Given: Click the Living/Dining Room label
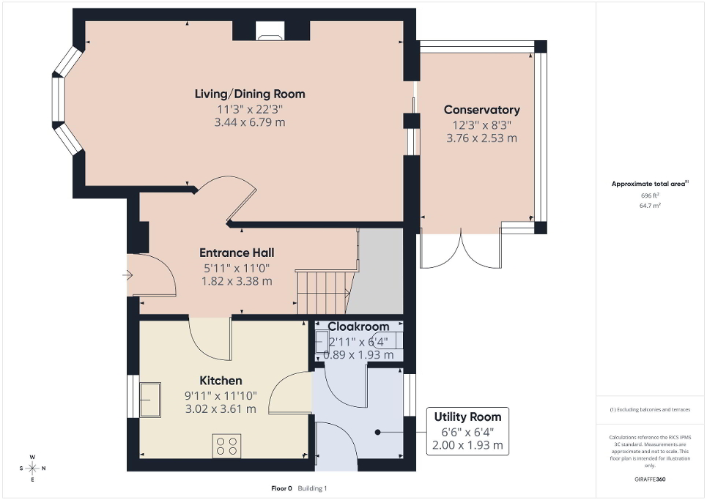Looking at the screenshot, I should point(249,94).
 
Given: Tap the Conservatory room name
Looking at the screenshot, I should point(481,110).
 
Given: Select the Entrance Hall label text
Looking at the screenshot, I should point(237,253).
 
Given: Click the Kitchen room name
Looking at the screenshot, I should point(221,381).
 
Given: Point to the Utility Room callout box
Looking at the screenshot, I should point(467,430).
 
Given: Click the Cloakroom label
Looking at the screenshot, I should point(358,327).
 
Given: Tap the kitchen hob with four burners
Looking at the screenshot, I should point(226,446).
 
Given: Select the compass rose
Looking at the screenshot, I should point(32,468).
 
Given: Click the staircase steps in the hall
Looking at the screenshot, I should point(322,291).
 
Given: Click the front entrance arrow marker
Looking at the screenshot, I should point(127,276).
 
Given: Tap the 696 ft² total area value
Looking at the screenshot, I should point(650,196).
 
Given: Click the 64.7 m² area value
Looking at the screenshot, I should point(650,206).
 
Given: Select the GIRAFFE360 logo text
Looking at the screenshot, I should point(650,480).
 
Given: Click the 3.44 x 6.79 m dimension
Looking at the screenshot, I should point(249,122).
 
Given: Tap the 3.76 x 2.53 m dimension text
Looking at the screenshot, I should point(481,138).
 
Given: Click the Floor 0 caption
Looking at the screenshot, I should point(281,488).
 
